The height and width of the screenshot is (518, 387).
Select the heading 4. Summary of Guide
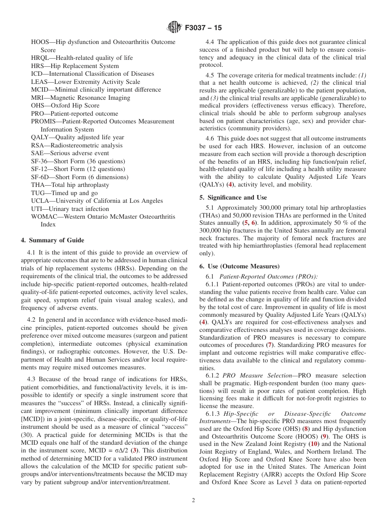point(52,240)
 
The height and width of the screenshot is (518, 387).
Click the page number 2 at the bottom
point(193,500)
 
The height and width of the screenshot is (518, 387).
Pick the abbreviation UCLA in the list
point(40,201)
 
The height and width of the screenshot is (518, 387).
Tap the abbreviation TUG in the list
point(37,193)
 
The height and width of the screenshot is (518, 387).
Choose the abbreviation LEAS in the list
point(39,82)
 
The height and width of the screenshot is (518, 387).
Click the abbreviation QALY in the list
point(40,137)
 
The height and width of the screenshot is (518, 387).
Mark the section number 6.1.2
point(213,375)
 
